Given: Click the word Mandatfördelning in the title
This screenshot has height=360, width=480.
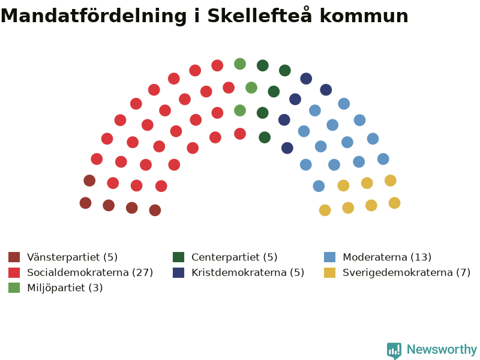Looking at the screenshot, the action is (x=94, y=16).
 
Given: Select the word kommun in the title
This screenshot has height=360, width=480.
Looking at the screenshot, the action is (x=364, y=16).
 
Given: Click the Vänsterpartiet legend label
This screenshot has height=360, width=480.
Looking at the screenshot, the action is (x=72, y=257).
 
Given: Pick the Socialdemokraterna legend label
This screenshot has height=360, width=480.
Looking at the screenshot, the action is (x=90, y=272).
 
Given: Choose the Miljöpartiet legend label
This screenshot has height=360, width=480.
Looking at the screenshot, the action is (x=65, y=288).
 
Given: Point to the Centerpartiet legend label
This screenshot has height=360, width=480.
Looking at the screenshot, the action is (x=235, y=257).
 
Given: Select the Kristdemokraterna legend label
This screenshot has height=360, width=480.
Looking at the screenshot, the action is (x=248, y=272).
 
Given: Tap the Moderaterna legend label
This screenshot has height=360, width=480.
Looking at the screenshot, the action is (x=387, y=257).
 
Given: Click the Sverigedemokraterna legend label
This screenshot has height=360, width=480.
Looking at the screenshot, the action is (x=407, y=272).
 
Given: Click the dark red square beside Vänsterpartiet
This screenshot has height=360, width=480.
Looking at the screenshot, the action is (x=14, y=257).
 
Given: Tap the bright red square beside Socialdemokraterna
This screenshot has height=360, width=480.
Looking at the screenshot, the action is (x=14, y=272).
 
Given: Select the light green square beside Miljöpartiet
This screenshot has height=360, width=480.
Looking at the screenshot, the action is (x=14, y=288).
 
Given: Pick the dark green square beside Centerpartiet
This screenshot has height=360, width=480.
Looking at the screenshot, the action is (x=178, y=257).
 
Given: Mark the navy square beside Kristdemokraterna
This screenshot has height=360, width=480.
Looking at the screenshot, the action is (x=178, y=272).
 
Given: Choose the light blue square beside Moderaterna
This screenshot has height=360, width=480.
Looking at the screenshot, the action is (x=329, y=257).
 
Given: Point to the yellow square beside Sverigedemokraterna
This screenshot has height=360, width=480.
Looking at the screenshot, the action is (x=329, y=272).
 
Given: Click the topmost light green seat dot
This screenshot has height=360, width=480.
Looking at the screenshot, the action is (x=240, y=64).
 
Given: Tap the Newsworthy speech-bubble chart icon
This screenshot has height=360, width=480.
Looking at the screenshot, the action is (x=394, y=350).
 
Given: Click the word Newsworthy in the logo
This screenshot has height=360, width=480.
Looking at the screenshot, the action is (x=442, y=349).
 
